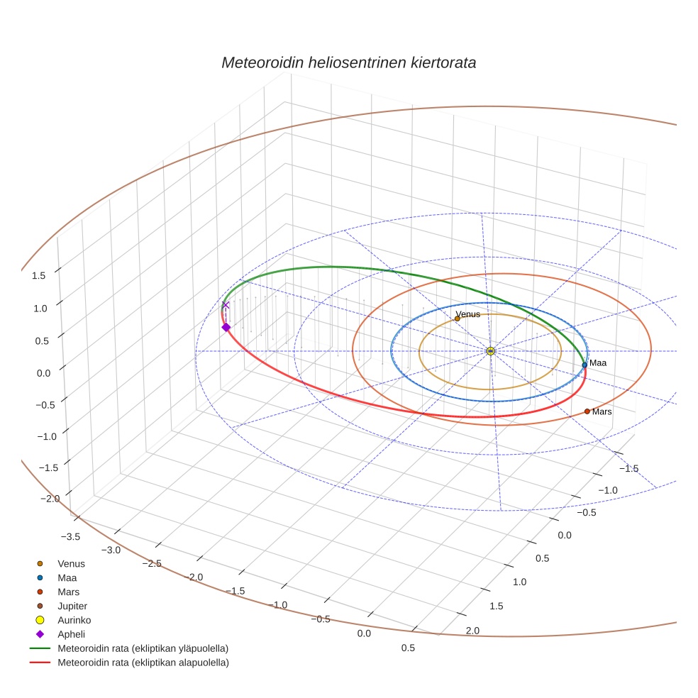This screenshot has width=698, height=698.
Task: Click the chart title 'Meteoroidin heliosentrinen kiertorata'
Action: (x=348, y=62)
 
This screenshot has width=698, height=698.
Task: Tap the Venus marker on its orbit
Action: (x=457, y=318)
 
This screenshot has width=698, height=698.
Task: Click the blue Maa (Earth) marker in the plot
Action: (x=585, y=365)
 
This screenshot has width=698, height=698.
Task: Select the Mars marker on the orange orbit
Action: (x=587, y=411)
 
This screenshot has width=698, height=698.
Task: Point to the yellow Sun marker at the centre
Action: (x=490, y=351)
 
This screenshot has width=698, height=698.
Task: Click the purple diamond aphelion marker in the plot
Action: (x=226, y=327)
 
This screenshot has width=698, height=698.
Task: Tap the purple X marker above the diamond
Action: (x=226, y=305)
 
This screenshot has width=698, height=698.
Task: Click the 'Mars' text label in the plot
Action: (x=602, y=411)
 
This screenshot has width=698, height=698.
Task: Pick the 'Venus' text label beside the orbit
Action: (x=468, y=314)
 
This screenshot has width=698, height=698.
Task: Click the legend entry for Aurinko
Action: (x=74, y=620)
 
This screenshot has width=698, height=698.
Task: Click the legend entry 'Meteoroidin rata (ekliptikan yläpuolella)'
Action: (x=143, y=648)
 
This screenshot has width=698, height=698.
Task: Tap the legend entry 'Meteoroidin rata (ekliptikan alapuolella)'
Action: (x=143, y=663)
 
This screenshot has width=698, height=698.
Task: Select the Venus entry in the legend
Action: (x=71, y=563)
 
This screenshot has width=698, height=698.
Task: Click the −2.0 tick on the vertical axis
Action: (x=51, y=499)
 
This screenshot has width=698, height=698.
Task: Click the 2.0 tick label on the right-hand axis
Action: (x=472, y=631)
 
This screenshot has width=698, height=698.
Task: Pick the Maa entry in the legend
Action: (x=67, y=577)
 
